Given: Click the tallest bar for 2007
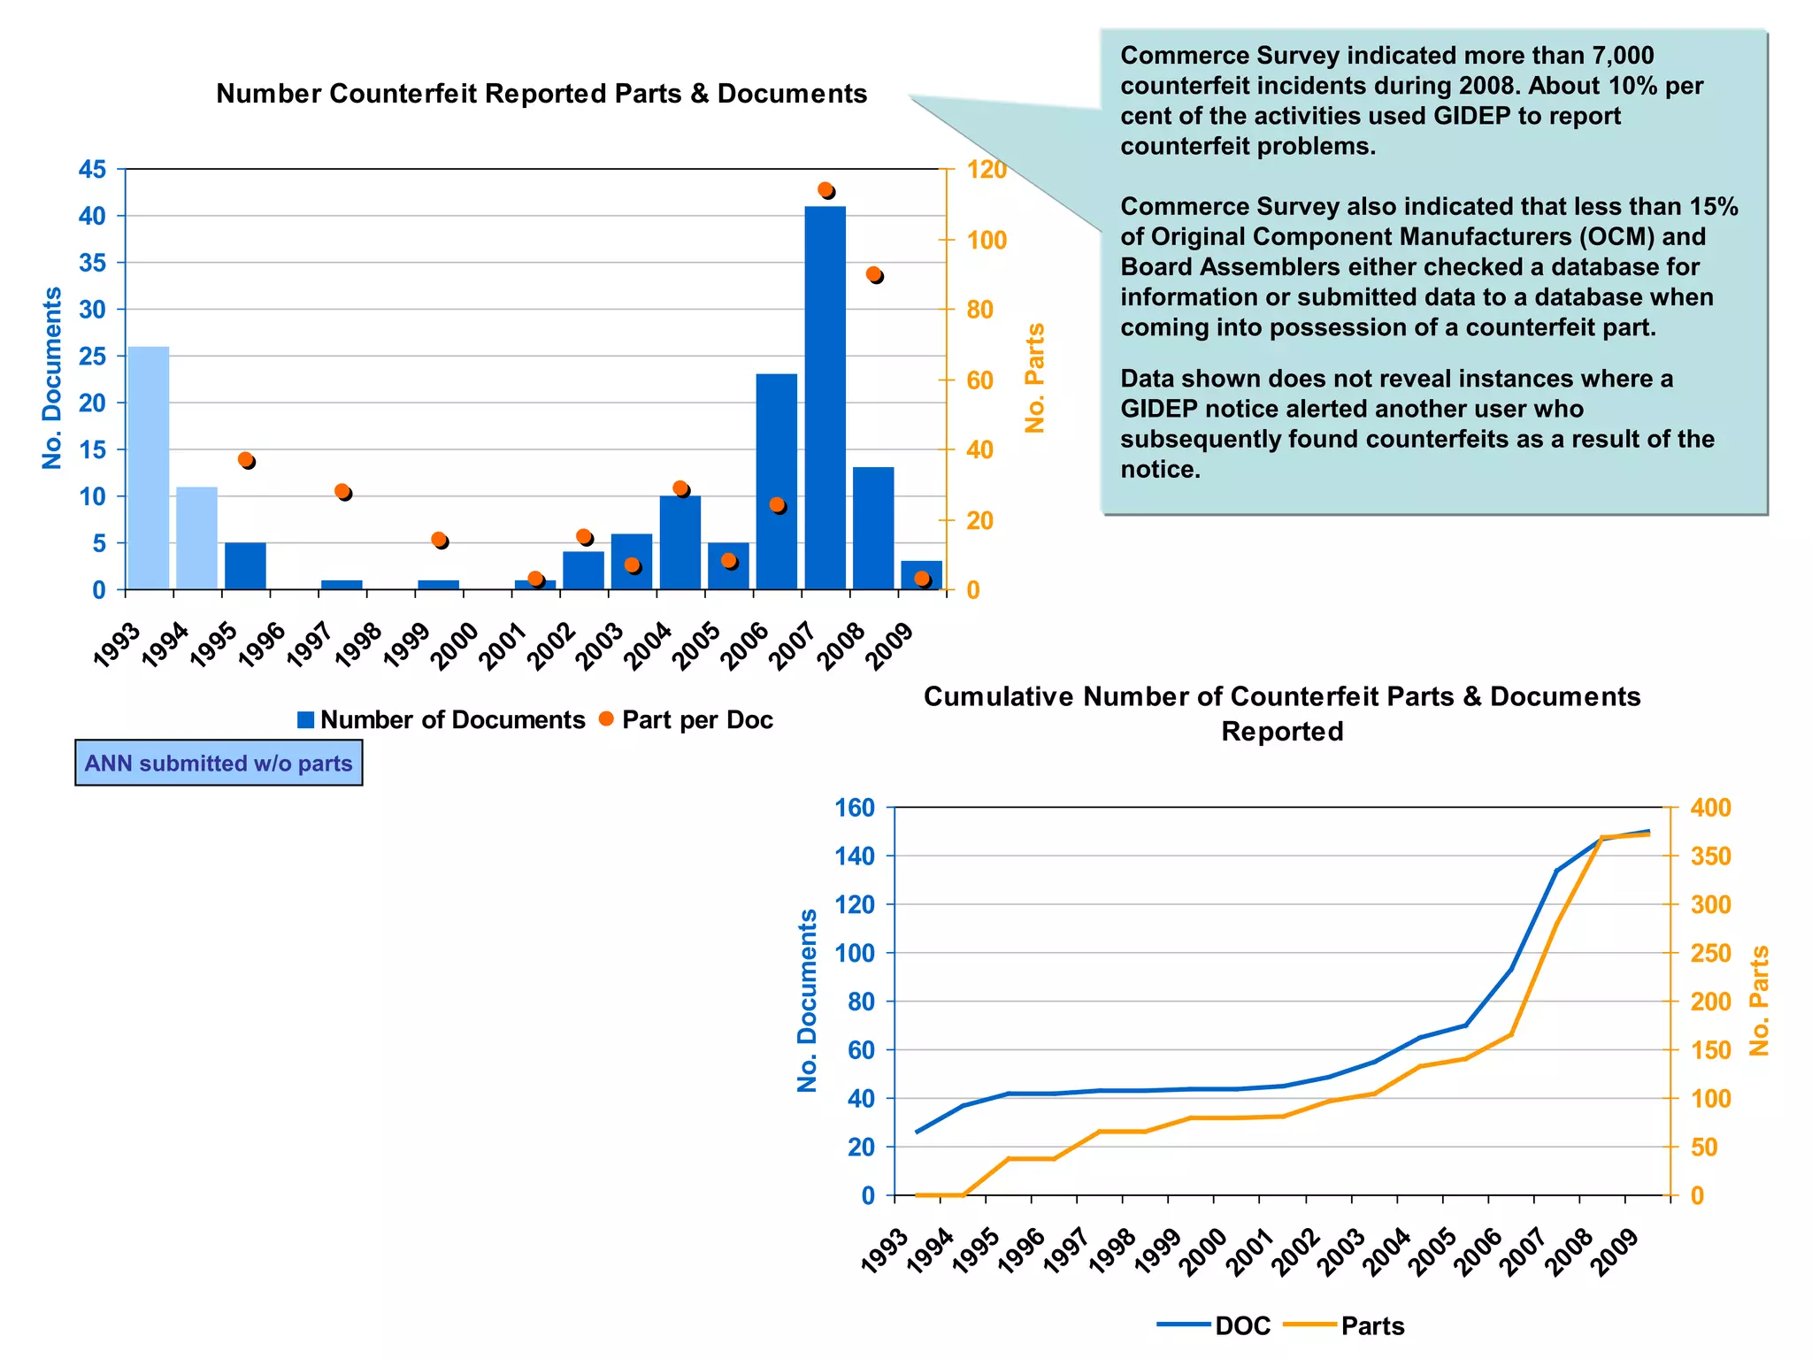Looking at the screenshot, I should (825, 398).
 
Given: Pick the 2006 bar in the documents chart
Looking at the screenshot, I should (776, 482).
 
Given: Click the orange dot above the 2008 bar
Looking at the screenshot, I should (873, 274).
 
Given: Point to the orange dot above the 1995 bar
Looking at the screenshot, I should (246, 459).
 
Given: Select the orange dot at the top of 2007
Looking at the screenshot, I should (825, 189).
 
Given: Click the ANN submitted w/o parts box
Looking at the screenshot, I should (219, 763).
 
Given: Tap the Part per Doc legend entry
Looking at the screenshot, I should (687, 720).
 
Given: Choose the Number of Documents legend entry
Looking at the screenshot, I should (441, 720).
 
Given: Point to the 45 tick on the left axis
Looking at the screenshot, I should (92, 169).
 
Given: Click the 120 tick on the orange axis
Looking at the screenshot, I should (987, 169).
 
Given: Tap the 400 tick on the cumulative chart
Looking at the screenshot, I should (1710, 807).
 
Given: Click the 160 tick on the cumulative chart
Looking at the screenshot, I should (854, 807).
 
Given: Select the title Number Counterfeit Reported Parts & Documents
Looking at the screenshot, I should (541, 94).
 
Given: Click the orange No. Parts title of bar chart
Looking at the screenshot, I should (1034, 378).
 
